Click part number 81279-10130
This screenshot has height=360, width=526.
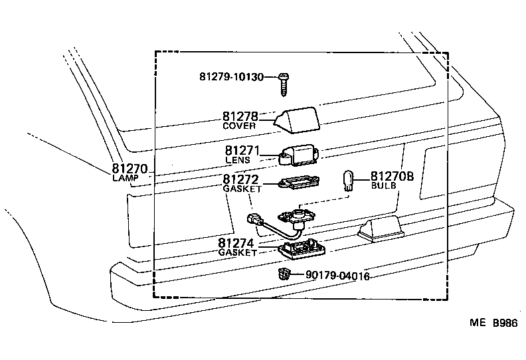(x=236, y=77)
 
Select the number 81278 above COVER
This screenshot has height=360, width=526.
(x=239, y=116)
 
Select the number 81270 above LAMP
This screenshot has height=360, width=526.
(x=129, y=169)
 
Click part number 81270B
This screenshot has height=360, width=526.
(x=392, y=176)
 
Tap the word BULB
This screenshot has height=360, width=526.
(x=383, y=187)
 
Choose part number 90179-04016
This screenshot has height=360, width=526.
(x=337, y=276)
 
